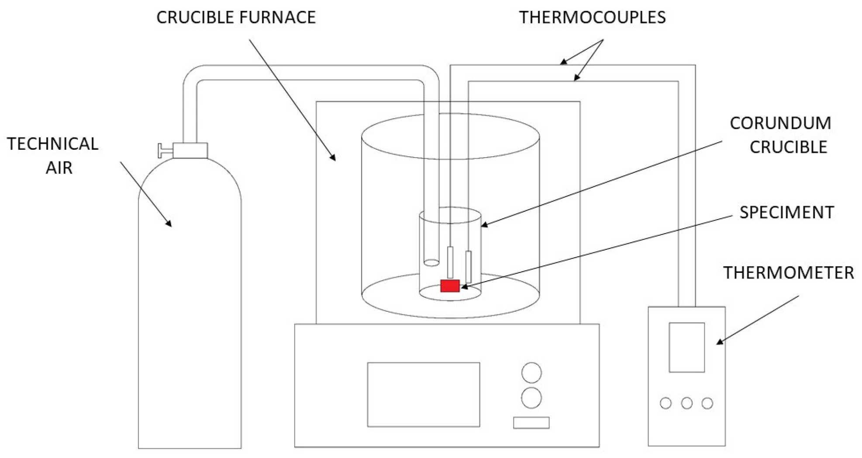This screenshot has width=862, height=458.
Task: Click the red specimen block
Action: (450, 286)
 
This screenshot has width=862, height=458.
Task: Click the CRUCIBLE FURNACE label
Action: (236, 17)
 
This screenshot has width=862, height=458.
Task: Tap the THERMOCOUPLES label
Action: (592, 17)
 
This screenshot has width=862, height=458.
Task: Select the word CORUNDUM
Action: (780, 124)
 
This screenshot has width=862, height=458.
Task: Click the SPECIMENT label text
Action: (786, 212)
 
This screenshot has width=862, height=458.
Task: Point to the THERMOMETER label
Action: (788, 273)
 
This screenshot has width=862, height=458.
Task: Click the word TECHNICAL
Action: (52, 144)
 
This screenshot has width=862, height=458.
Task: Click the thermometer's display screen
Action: (686, 348)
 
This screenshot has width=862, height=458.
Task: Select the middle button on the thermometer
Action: (686, 403)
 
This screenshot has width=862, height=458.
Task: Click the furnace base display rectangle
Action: (423, 394)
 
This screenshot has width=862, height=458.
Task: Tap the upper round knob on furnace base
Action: (531, 372)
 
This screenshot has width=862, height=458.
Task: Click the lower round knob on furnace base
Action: (531, 398)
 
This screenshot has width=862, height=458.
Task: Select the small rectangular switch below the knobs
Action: (531, 423)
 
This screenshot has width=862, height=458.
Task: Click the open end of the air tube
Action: (431, 262)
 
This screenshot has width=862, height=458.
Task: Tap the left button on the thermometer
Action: (665, 403)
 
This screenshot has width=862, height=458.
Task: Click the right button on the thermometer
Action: (707, 403)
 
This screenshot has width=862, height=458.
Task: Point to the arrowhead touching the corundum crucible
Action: (484, 225)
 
